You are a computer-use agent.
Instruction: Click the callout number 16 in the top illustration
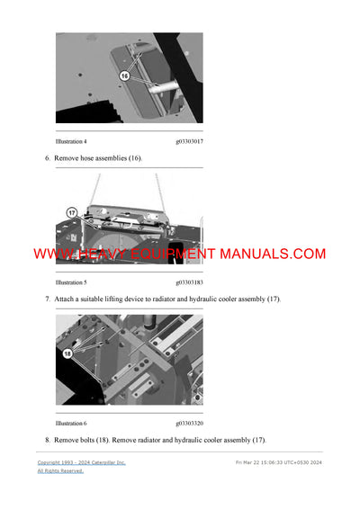(125, 77)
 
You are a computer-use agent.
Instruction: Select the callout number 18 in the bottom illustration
(66, 355)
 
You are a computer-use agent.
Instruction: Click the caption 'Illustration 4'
(71, 141)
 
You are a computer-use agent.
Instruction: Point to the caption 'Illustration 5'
(71, 282)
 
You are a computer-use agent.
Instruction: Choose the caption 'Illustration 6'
(71, 423)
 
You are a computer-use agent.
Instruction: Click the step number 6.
(47, 158)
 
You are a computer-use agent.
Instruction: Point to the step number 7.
(47, 299)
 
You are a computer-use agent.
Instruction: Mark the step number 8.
(47, 440)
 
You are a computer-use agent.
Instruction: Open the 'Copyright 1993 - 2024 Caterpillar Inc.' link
(81, 462)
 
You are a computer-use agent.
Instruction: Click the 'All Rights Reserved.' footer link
(59, 471)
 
